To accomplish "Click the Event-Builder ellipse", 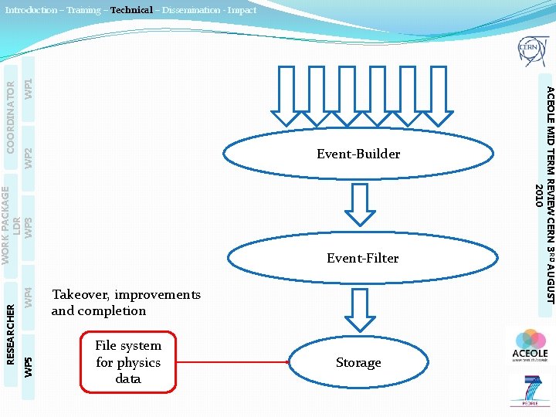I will pyautogui.click(x=358, y=154).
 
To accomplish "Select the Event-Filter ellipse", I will pyautogui.click(x=362, y=258).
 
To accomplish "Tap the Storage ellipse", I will pyautogui.click(x=358, y=362).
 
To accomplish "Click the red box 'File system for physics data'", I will pyautogui.click(x=128, y=362).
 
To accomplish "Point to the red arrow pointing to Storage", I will pyautogui.click(x=232, y=362).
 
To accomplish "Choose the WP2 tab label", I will pyautogui.click(x=28, y=158).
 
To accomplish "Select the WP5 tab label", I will pyautogui.click(x=28, y=366).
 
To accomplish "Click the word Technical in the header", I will pyautogui.click(x=131, y=10).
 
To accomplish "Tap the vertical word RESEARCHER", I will pyautogui.click(x=11, y=333).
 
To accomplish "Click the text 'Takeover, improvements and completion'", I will pyautogui.click(x=126, y=303).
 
